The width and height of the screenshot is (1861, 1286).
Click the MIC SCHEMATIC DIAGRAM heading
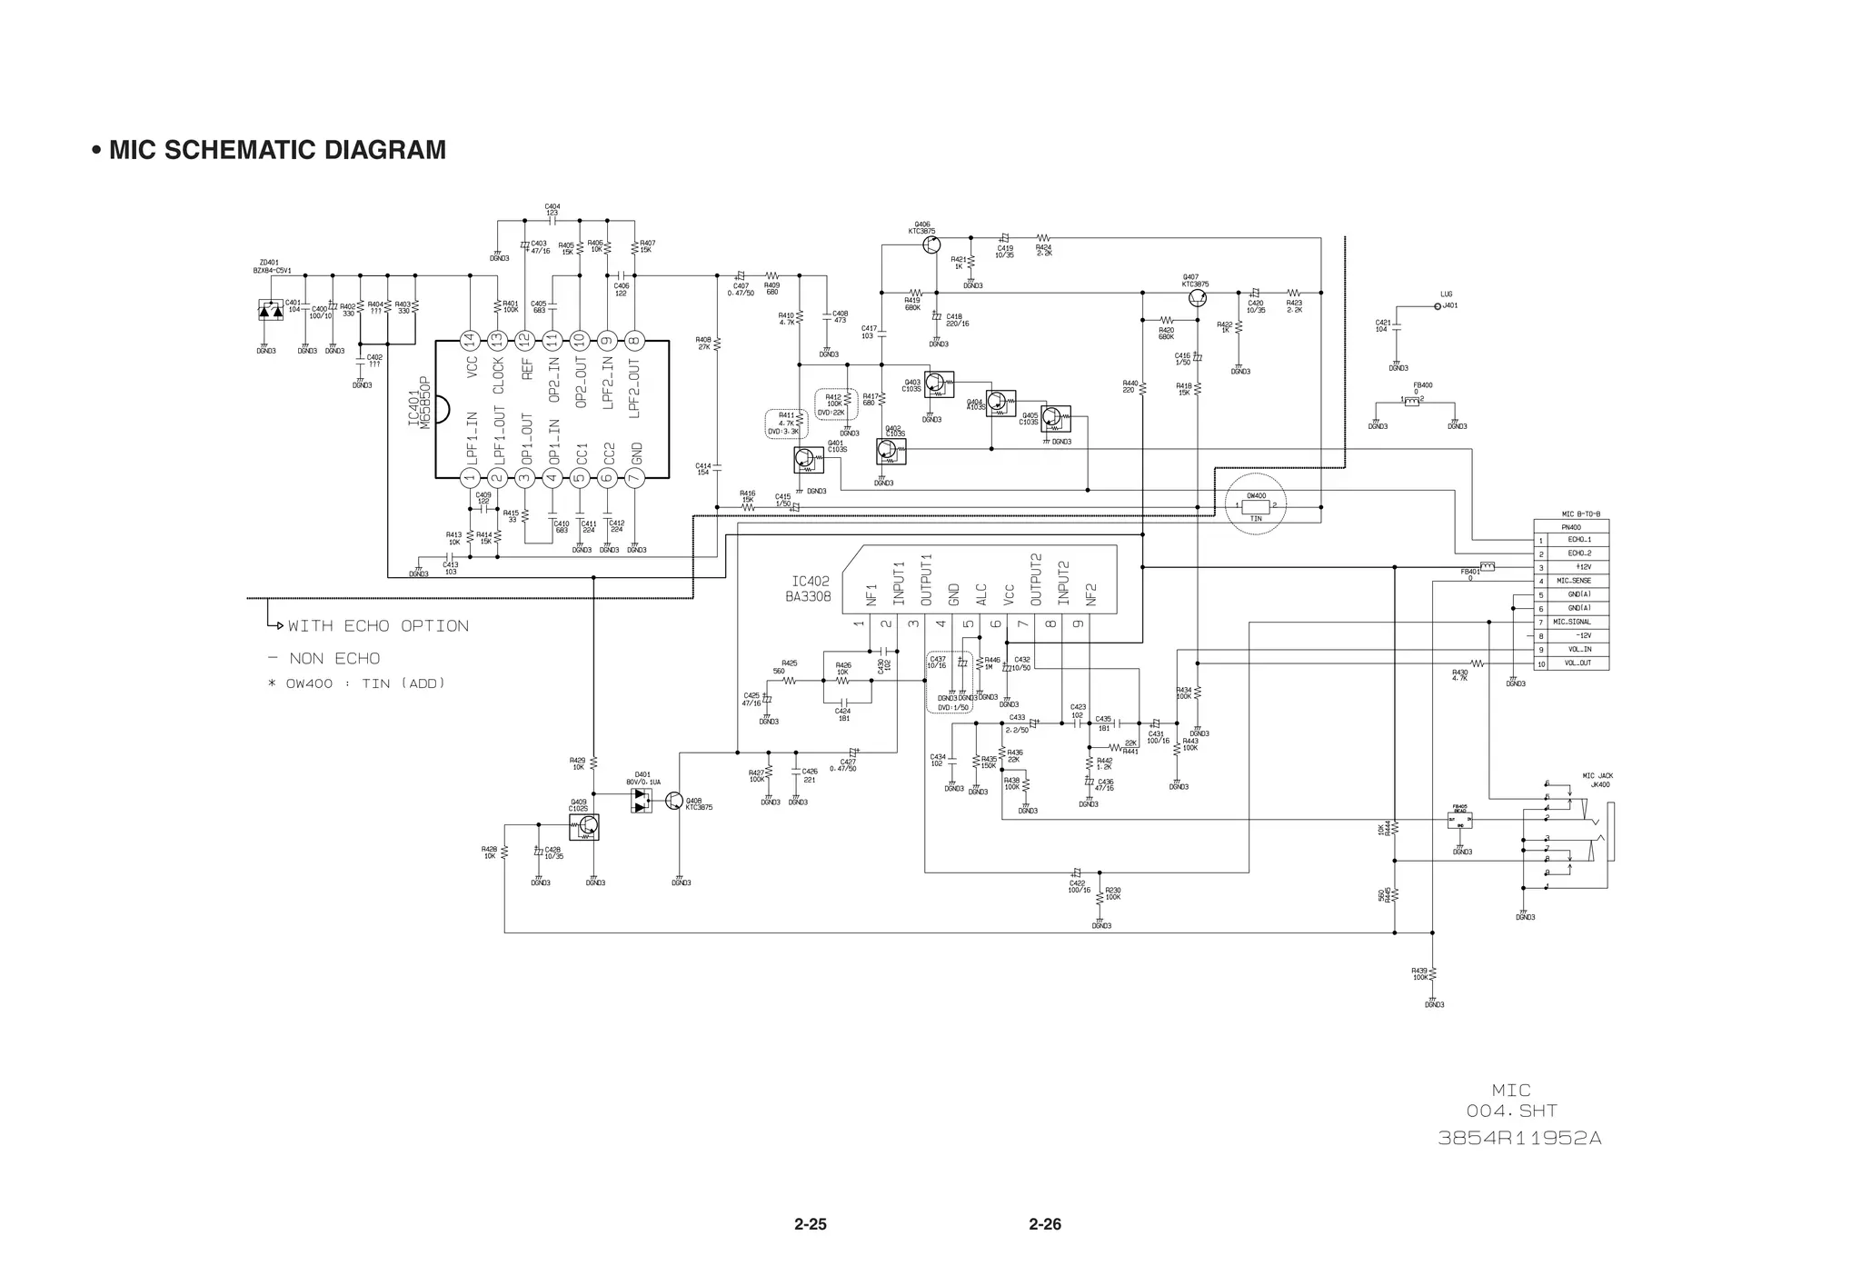(x=276, y=150)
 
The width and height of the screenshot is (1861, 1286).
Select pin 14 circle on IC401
(x=469, y=340)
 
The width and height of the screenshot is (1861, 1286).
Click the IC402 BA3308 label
(x=808, y=589)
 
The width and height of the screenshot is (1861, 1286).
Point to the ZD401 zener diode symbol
(x=270, y=311)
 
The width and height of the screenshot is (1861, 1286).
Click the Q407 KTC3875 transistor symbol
(x=1198, y=298)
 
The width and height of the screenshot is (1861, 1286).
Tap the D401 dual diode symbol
(x=642, y=800)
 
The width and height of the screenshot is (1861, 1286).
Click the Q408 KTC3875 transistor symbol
(x=673, y=800)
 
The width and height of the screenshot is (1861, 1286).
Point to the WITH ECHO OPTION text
(x=378, y=626)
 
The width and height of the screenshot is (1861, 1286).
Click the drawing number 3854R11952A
(x=1519, y=1138)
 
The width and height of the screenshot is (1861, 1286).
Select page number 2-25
(x=810, y=1224)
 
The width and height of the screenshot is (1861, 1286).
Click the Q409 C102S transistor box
(x=584, y=826)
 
